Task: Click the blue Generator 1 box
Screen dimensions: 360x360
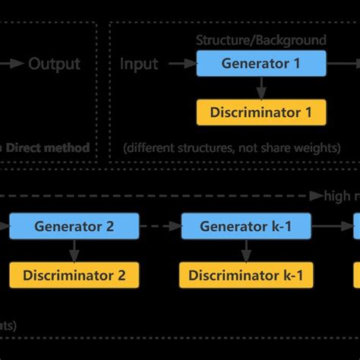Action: (261, 64)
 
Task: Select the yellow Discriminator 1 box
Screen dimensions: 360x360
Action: (261, 112)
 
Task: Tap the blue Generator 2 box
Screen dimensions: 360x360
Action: (74, 226)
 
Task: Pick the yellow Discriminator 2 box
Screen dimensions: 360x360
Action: (74, 275)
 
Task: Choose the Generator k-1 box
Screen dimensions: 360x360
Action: (245, 226)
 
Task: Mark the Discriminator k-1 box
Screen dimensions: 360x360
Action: (245, 275)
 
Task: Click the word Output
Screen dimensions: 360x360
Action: (54, 64)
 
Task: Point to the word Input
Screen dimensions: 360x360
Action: (139, 64)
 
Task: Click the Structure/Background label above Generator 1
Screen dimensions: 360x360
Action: (261, 39)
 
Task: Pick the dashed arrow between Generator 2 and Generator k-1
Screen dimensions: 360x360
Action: (160, 226)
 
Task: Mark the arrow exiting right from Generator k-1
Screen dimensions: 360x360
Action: (331, 226)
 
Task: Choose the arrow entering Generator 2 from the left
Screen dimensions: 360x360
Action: (5, 226)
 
